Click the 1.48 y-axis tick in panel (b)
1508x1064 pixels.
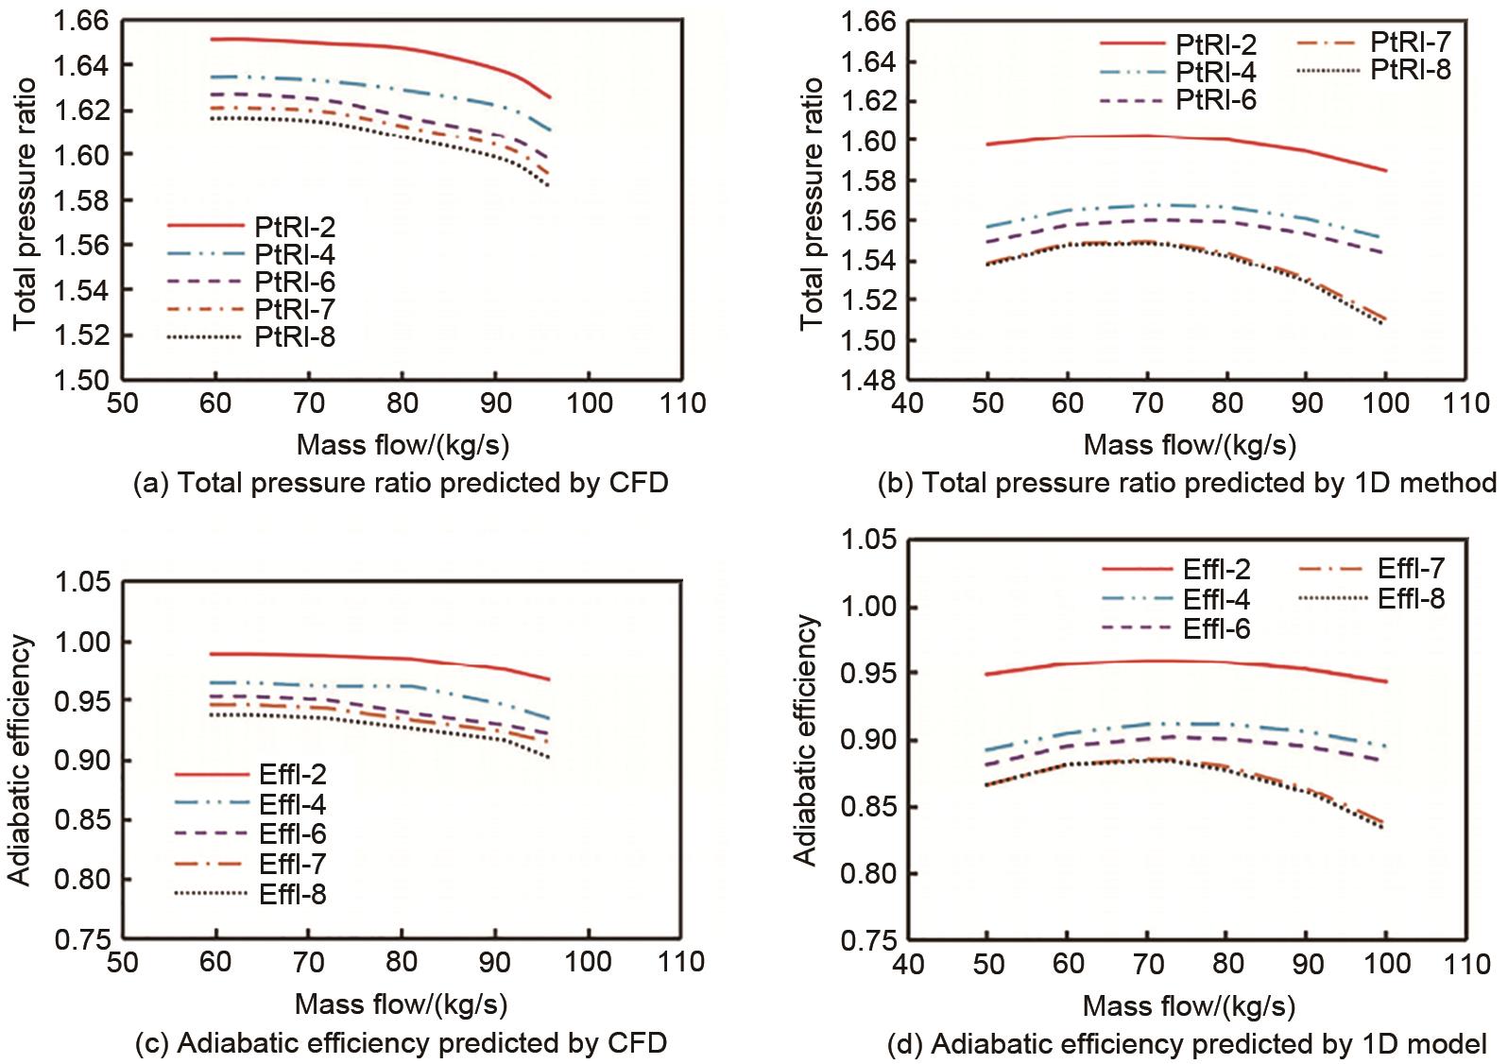pos(868,380)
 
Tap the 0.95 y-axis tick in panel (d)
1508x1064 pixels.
pos(868,673)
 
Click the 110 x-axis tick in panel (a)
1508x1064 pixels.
pos(682,403)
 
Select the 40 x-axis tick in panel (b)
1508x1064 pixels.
pos(907,403)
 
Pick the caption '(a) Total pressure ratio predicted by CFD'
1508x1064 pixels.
pos(401,484)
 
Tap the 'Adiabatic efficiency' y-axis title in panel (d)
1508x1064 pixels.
pos(805,740)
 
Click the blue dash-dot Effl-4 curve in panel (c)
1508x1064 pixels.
pos(378,685)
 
